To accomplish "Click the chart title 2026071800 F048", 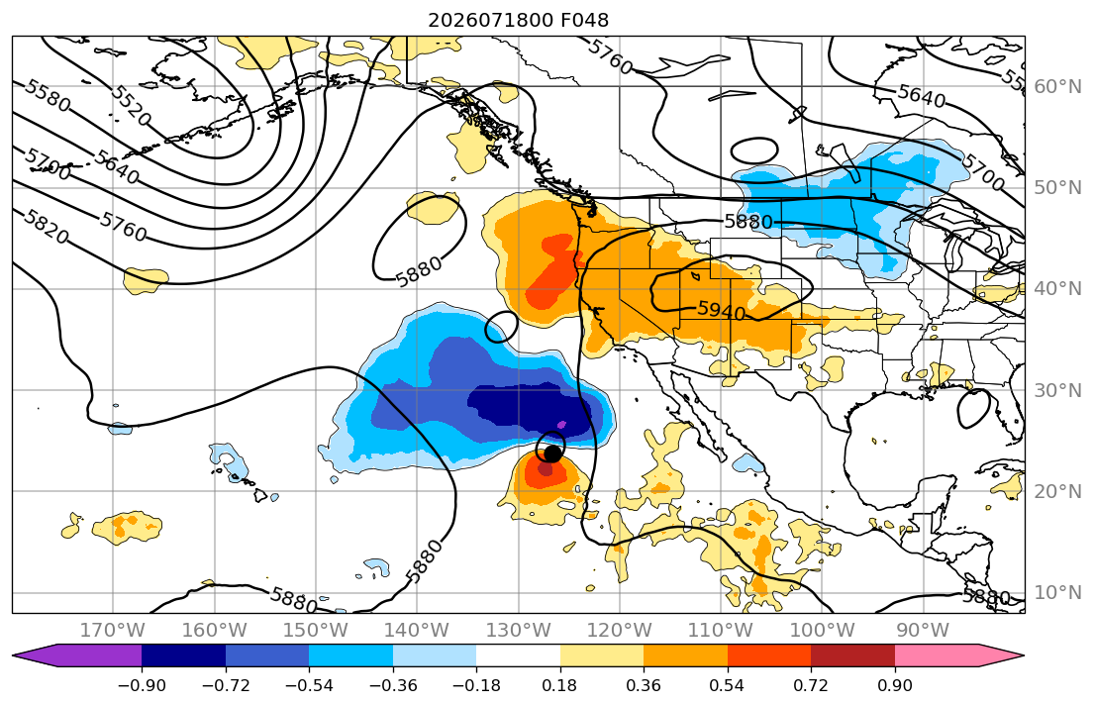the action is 519,20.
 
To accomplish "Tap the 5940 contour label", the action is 722,310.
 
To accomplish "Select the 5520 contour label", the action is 131,106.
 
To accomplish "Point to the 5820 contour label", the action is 46,227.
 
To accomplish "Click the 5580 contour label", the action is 48,96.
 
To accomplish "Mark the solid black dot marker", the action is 552,453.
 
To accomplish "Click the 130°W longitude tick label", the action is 519,631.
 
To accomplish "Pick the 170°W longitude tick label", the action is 113,631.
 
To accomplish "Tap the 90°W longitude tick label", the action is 923,631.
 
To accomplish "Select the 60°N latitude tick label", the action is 1057,86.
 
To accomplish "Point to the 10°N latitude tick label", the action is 1057,593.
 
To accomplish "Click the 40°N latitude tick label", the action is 1057,289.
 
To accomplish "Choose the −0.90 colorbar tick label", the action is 142,685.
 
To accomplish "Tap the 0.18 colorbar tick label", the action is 560,685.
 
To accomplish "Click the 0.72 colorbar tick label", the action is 811,685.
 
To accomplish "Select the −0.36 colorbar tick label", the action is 393,685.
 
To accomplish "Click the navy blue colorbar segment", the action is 183,655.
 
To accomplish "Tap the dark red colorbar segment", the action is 852,655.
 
